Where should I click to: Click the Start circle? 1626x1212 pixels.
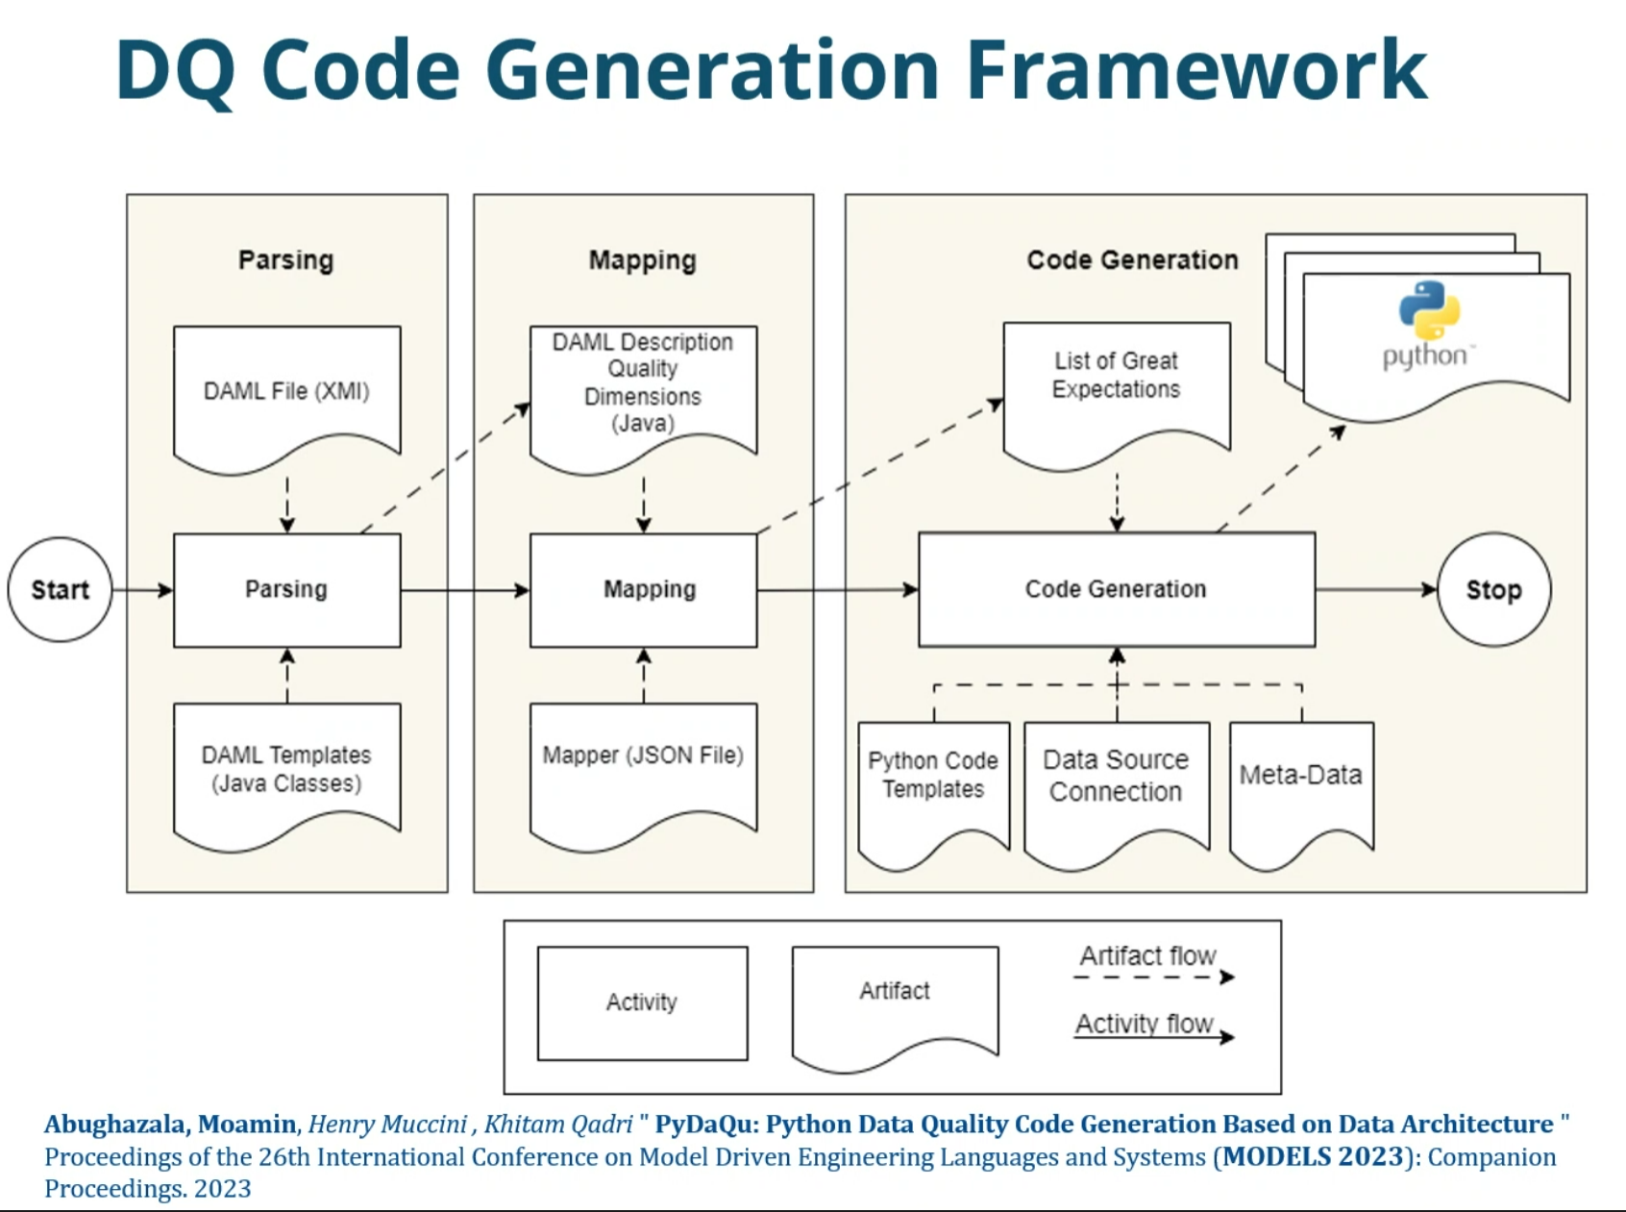click(60, 589)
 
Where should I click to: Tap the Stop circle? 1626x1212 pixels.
click(1493, 589)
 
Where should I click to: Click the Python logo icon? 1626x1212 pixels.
click(1429, 309)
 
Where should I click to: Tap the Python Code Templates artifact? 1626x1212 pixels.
click(933, 794)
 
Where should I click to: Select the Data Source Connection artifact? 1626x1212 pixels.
click(1117, 794)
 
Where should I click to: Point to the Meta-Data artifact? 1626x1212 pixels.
click(1301, 794)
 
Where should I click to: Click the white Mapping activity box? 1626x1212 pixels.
click(644, 590)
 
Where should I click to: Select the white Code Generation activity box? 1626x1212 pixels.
click(1117, 589)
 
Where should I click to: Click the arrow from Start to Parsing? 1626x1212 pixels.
click(143, 590)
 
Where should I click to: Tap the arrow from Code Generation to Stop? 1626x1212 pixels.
click(1376, 589)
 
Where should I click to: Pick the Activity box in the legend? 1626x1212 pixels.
click(642, 1002)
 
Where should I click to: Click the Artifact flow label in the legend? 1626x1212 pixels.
click(1147, 955)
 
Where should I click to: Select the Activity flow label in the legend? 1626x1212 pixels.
click(1144, 1024)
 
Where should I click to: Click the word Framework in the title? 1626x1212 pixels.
click(1196, 69)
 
